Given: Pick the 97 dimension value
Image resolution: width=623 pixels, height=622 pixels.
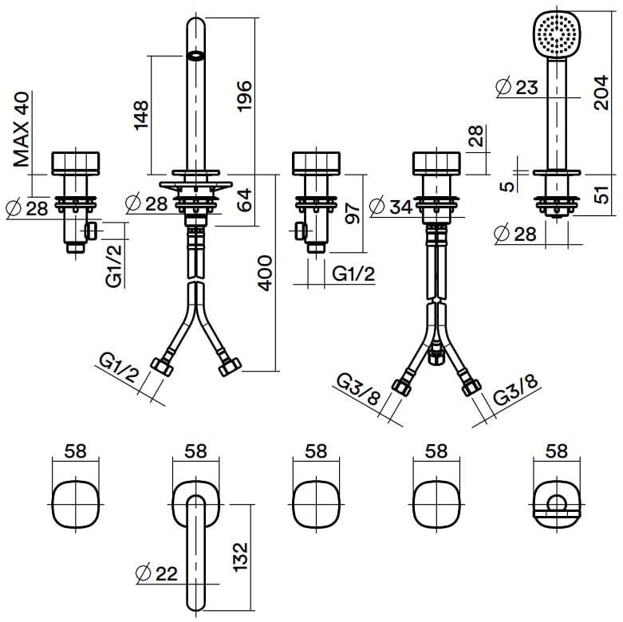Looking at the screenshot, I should (353, 212).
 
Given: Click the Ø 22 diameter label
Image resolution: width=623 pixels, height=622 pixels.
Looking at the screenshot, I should (156, 573).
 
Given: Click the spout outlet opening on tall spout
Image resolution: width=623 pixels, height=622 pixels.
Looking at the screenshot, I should (195, 57).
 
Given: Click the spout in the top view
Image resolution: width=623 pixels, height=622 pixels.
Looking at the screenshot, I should (196, 550).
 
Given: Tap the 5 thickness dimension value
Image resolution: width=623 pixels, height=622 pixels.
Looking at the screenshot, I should (508, 187).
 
